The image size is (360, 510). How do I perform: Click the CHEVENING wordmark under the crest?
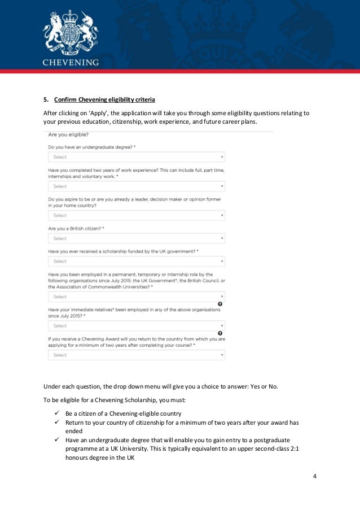71,62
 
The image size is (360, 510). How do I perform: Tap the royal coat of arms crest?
71,31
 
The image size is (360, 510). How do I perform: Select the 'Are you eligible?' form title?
72,134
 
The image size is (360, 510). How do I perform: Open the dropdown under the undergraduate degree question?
137,157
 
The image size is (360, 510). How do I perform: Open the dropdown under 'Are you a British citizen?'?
137,238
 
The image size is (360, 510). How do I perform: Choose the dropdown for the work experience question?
137,186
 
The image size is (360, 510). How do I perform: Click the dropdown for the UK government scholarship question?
137,261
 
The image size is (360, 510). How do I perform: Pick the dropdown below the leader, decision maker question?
137,215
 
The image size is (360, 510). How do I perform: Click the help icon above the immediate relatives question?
219,304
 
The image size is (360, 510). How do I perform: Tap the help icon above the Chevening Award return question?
219,333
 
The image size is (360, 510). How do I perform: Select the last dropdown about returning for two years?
137,355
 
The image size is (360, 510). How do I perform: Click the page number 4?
315,476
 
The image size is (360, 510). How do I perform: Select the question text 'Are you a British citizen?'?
76,228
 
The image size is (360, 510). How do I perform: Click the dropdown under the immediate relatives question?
137,326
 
